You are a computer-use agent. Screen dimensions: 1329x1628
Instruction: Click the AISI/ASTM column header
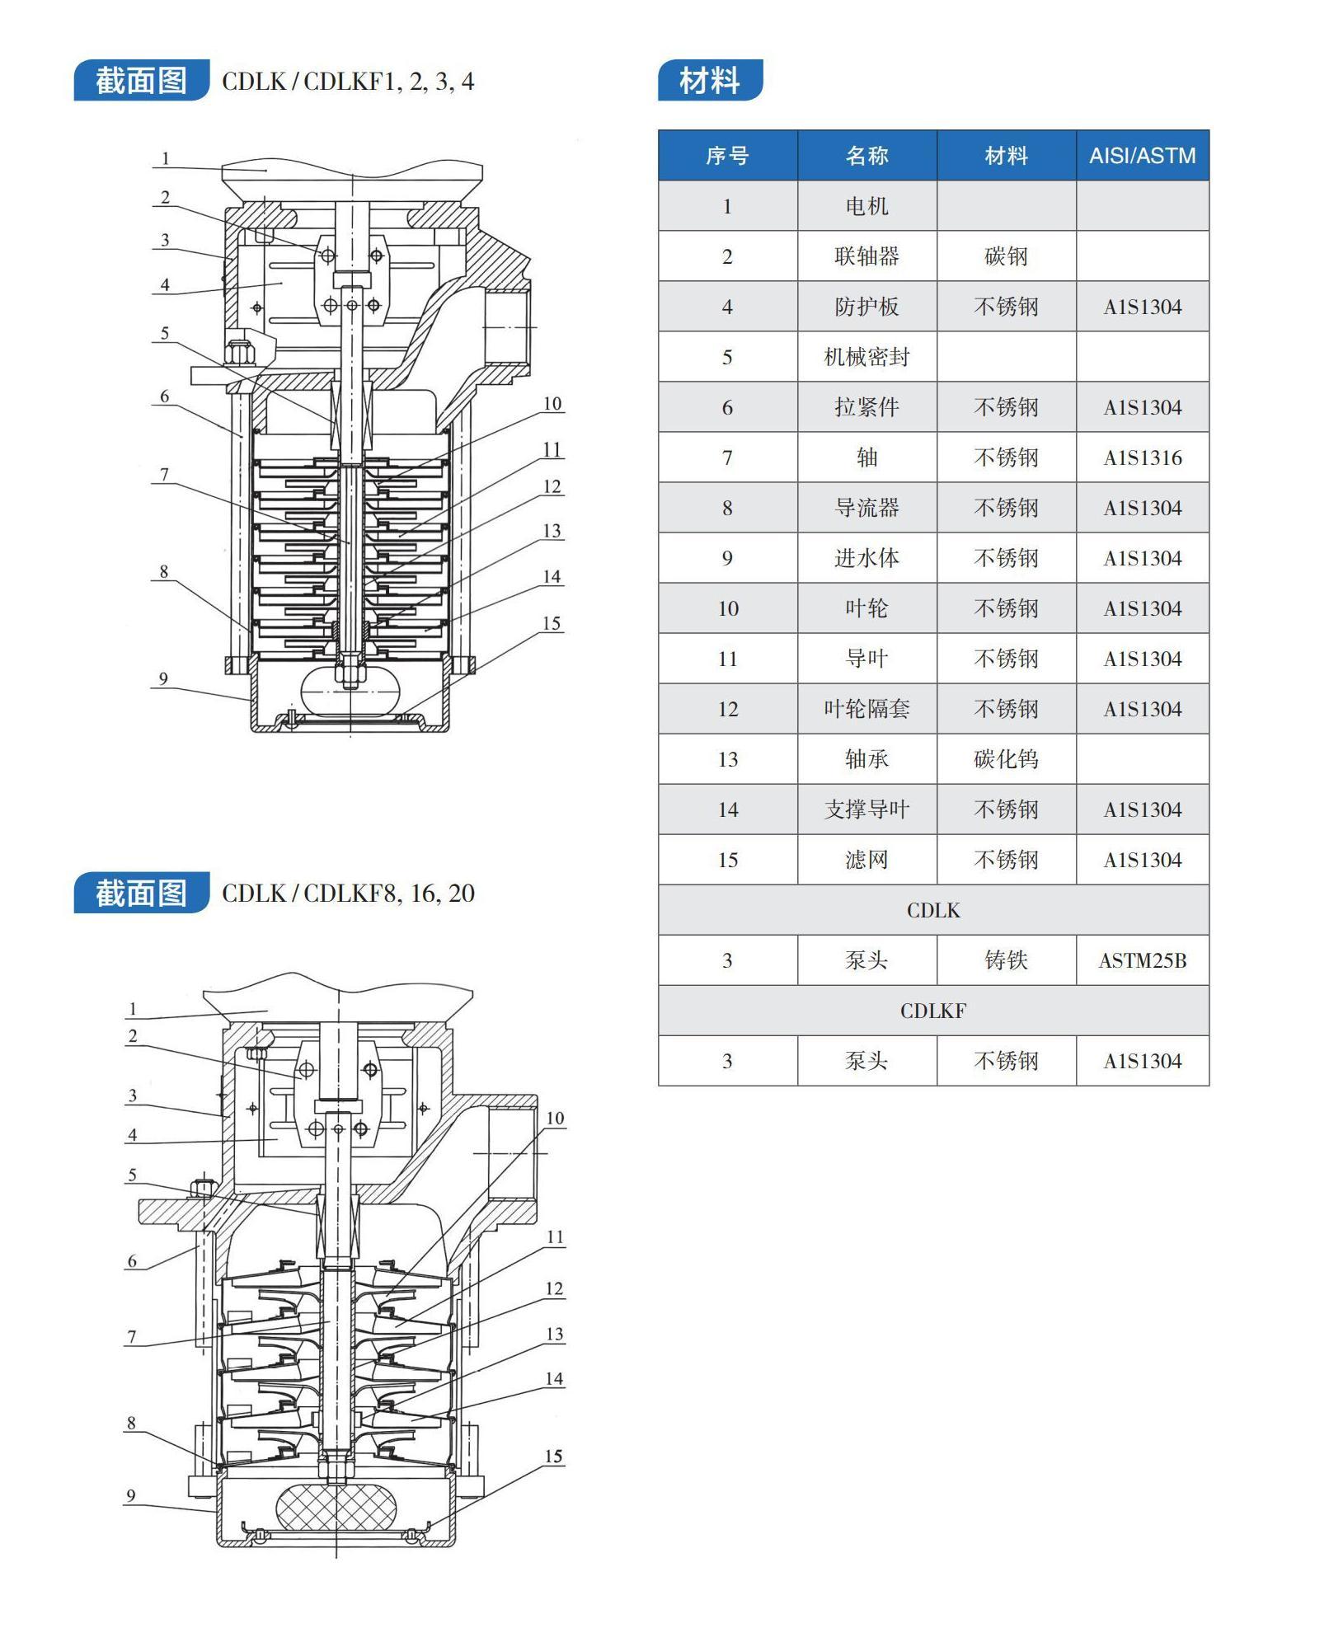1142,155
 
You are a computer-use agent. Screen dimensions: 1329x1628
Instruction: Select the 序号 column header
727,155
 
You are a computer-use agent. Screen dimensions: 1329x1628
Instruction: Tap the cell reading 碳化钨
1006,759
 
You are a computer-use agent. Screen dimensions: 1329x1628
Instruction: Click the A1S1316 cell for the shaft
1142,457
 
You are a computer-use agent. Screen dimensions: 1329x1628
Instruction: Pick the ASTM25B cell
1142,960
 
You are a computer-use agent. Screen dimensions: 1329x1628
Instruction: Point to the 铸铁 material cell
1006,960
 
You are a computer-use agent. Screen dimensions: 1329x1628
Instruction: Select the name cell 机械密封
866,357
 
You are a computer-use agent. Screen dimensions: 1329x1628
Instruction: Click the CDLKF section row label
933,1011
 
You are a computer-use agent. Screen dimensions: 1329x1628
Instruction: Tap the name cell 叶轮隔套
866,709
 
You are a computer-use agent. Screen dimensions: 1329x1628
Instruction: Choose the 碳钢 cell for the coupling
1006,256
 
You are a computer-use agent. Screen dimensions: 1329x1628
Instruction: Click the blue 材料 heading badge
710,80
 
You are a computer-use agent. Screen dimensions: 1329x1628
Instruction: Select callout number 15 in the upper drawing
552,623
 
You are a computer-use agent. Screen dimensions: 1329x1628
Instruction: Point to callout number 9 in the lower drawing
130,1495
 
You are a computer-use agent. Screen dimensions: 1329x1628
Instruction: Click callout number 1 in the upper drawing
166,158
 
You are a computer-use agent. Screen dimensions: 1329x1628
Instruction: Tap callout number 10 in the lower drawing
555,1118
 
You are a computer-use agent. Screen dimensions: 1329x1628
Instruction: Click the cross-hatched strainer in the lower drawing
336,1510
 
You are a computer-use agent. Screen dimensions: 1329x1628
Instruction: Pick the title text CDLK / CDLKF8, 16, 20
348,894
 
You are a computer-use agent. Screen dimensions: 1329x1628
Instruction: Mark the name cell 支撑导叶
866,809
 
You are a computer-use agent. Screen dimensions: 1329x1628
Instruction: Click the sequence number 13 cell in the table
727,759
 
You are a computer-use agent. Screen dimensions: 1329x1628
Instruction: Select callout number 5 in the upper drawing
165,333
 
